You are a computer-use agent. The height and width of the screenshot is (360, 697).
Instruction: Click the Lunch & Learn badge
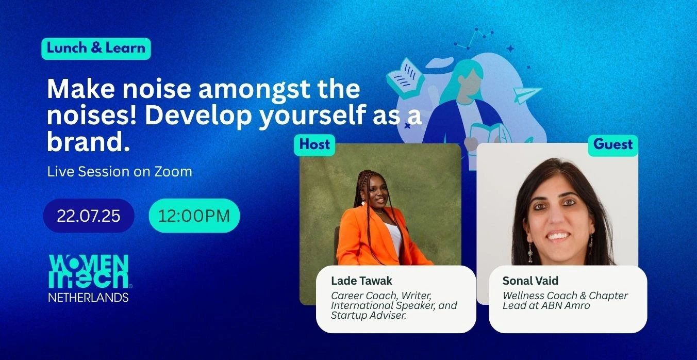[x=96, y=48]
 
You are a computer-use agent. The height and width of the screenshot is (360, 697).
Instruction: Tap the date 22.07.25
[x=89, y=216]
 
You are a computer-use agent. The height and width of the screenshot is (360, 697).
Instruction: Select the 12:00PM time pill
[x=194, y=216]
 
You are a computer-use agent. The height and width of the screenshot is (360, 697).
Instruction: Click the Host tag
[x=314, y=145]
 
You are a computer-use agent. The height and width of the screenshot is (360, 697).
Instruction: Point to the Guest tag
[x=613, y=145]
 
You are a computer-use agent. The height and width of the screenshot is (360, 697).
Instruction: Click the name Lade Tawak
[x=361, y=281]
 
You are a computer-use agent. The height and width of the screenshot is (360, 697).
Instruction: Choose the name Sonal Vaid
[x=530, y=281]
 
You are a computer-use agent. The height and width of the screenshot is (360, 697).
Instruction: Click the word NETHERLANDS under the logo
[x=88, y=298]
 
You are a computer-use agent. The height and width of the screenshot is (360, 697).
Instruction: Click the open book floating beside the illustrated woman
[x=405, y=78]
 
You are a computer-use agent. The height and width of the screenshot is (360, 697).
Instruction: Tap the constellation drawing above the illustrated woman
[x=474, y=38]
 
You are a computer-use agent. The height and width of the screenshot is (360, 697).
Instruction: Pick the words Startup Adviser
[x=369, y=316]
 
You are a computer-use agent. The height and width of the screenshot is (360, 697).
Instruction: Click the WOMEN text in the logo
[x=89, y=264]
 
